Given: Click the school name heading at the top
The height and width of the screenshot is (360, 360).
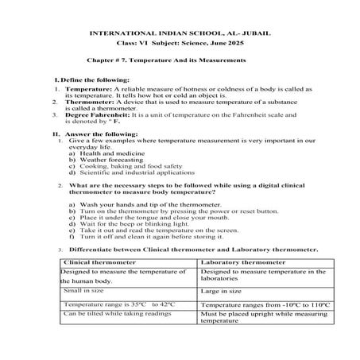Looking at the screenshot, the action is (180, 34).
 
